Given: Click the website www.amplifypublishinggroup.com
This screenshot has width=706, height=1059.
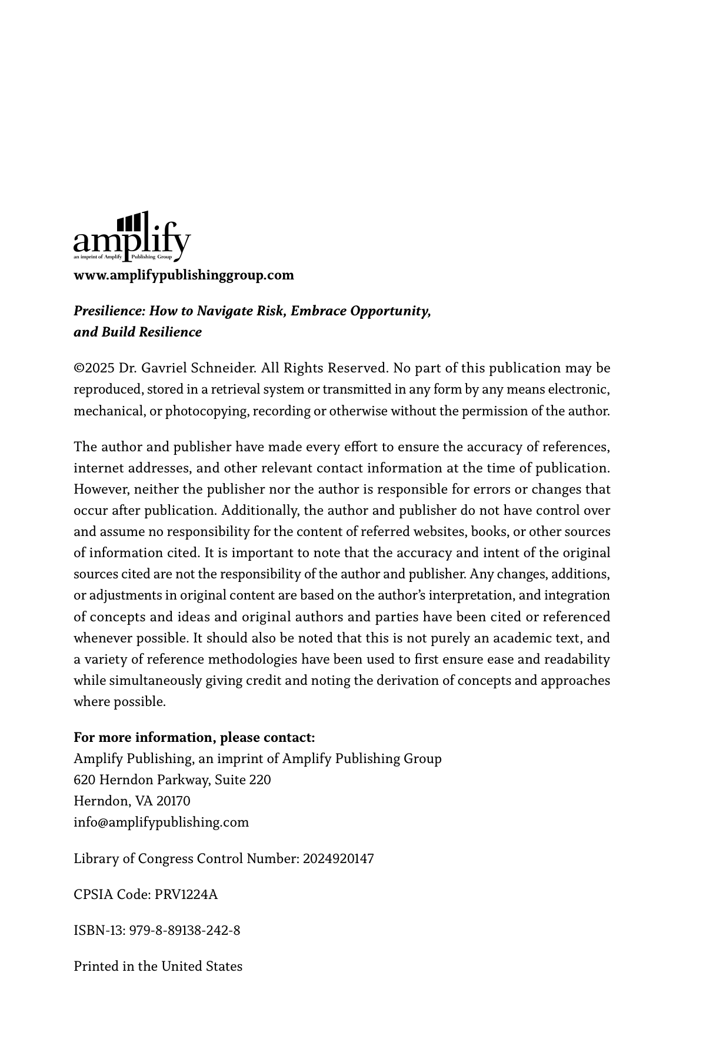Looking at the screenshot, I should [184, 275].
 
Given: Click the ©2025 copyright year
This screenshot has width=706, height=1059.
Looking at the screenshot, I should [94, 368].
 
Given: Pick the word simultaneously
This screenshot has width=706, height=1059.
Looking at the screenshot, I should [155, 681].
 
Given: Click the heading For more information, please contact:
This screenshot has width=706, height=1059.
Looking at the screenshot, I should [194, 738].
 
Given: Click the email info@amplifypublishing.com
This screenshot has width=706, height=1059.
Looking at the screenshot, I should [161, 822].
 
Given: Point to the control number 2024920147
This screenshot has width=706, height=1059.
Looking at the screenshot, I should [338, 859].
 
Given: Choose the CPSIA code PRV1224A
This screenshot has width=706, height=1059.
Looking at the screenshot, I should [186, 895].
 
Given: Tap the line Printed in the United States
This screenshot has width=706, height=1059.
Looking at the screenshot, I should [158, 967].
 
